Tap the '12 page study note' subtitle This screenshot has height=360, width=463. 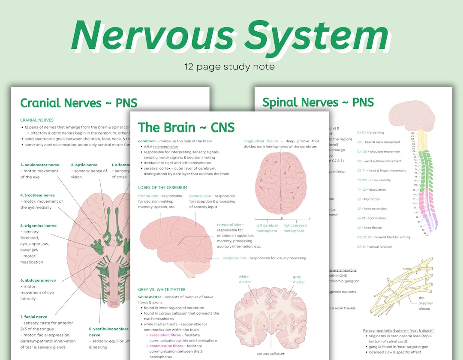(229, 67)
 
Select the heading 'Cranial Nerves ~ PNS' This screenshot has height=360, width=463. (79, 103)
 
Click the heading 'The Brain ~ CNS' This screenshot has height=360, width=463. (186, 127)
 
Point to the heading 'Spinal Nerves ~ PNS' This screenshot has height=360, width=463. (318, 102)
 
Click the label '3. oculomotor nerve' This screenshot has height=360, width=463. (40, 165)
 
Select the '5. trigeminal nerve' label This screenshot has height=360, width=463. (38, 225)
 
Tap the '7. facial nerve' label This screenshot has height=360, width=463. (33, 317)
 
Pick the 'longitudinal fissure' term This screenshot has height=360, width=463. (261, 141)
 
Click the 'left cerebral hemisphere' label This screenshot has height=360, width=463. (267, 228)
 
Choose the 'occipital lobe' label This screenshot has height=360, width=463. (235, 258)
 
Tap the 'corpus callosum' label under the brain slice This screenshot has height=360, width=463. (271, 354)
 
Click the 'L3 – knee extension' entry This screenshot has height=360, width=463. (372, 209)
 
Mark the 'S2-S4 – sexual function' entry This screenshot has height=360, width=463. (374, 246)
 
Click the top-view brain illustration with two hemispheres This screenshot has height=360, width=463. (281, 183)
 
